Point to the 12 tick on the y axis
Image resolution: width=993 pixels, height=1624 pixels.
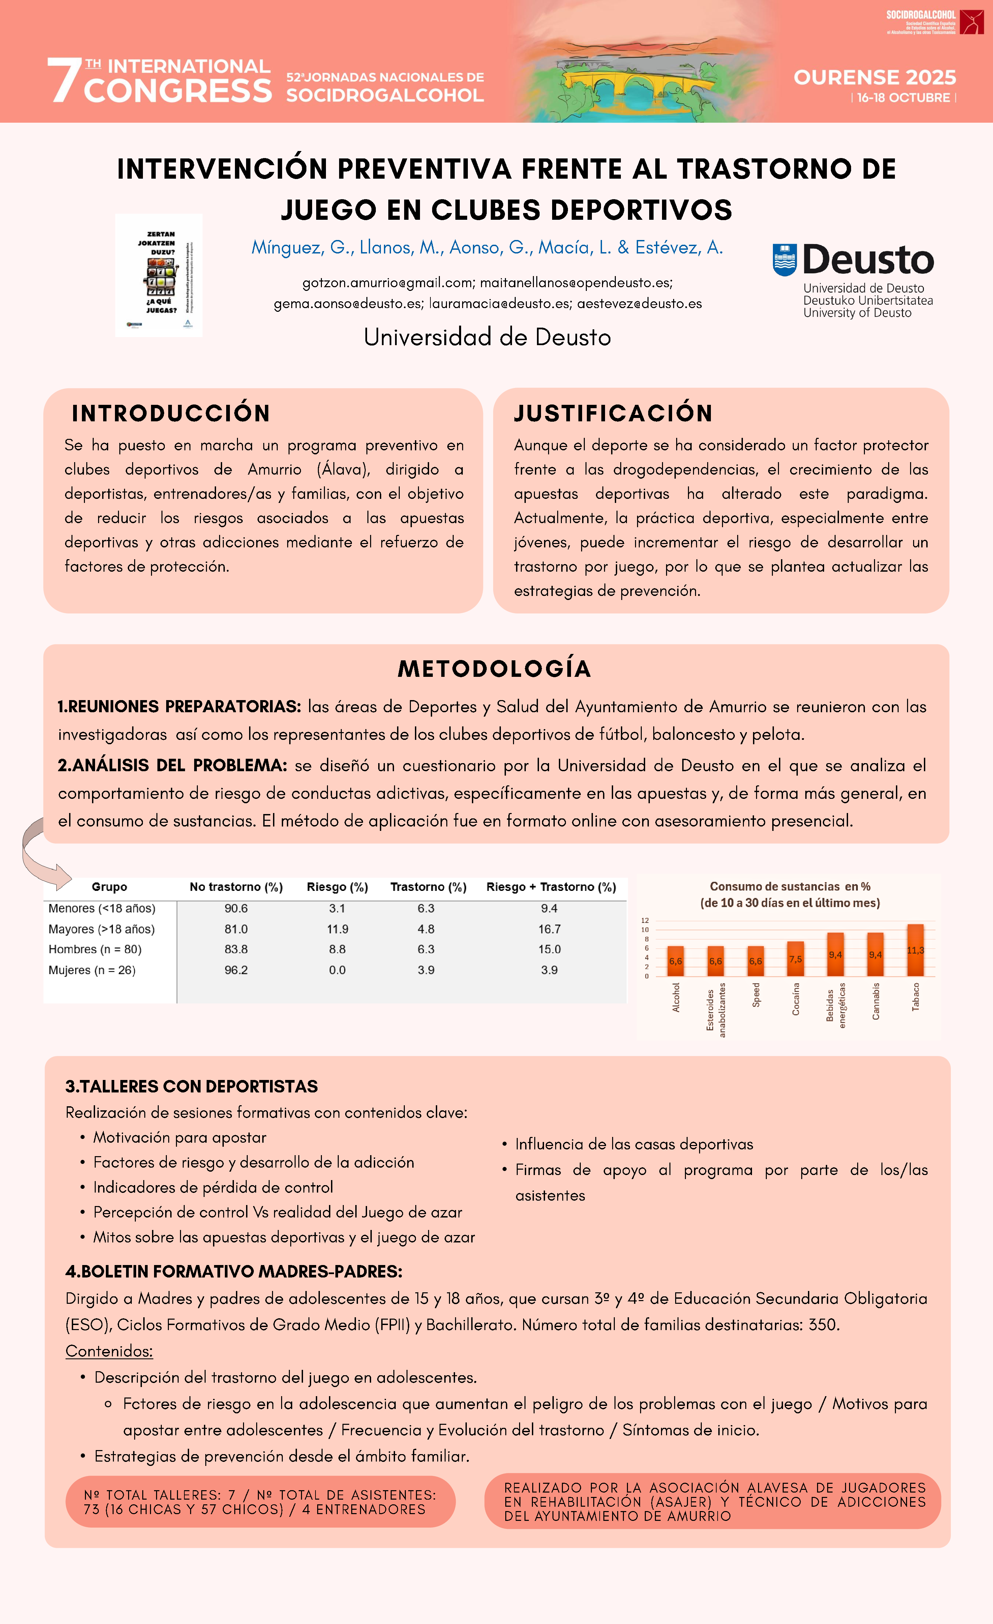[x=645, y=920]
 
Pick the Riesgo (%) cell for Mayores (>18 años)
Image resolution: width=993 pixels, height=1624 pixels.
[x=337, y=929]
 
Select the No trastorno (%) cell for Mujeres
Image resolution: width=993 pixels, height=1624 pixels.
[x=236, y=969]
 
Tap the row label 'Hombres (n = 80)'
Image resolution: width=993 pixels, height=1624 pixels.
[x=95, y=949]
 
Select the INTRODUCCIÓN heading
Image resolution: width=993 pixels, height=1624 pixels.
[x=171, y=413]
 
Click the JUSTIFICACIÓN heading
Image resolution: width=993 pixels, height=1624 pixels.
[x=613, y=413]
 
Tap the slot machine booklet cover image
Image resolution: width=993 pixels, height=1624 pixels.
[x=159, y=275]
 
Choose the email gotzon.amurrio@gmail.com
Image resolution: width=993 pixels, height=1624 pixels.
[x=387, y=283]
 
